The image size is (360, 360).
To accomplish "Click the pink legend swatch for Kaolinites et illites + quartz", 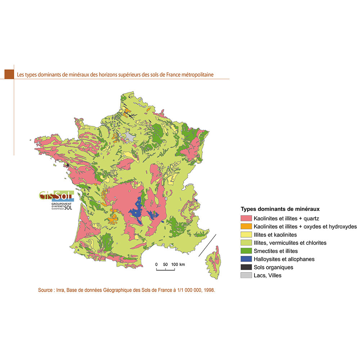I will point(246,218).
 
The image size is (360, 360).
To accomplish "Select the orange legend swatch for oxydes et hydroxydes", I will point(246,226).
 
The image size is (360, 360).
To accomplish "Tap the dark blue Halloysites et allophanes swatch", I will point(246,259).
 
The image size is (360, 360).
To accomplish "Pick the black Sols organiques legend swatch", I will point(246,267).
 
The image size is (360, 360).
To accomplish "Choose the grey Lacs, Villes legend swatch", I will point(246,275).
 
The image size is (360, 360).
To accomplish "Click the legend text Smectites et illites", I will point(275,251).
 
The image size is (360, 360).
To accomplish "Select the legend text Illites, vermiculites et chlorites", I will point(290,243).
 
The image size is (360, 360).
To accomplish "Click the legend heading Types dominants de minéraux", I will point(280,209).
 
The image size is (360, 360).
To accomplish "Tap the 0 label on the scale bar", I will point(157,265).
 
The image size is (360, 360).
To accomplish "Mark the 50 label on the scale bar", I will point(165,265).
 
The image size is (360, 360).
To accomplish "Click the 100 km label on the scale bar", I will point(177,265).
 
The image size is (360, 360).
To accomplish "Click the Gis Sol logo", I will point(57,200).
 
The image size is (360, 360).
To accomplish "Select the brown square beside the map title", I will point(9,74).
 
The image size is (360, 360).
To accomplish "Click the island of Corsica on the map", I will point(215,263).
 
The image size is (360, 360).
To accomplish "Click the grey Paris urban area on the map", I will point(130,136).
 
